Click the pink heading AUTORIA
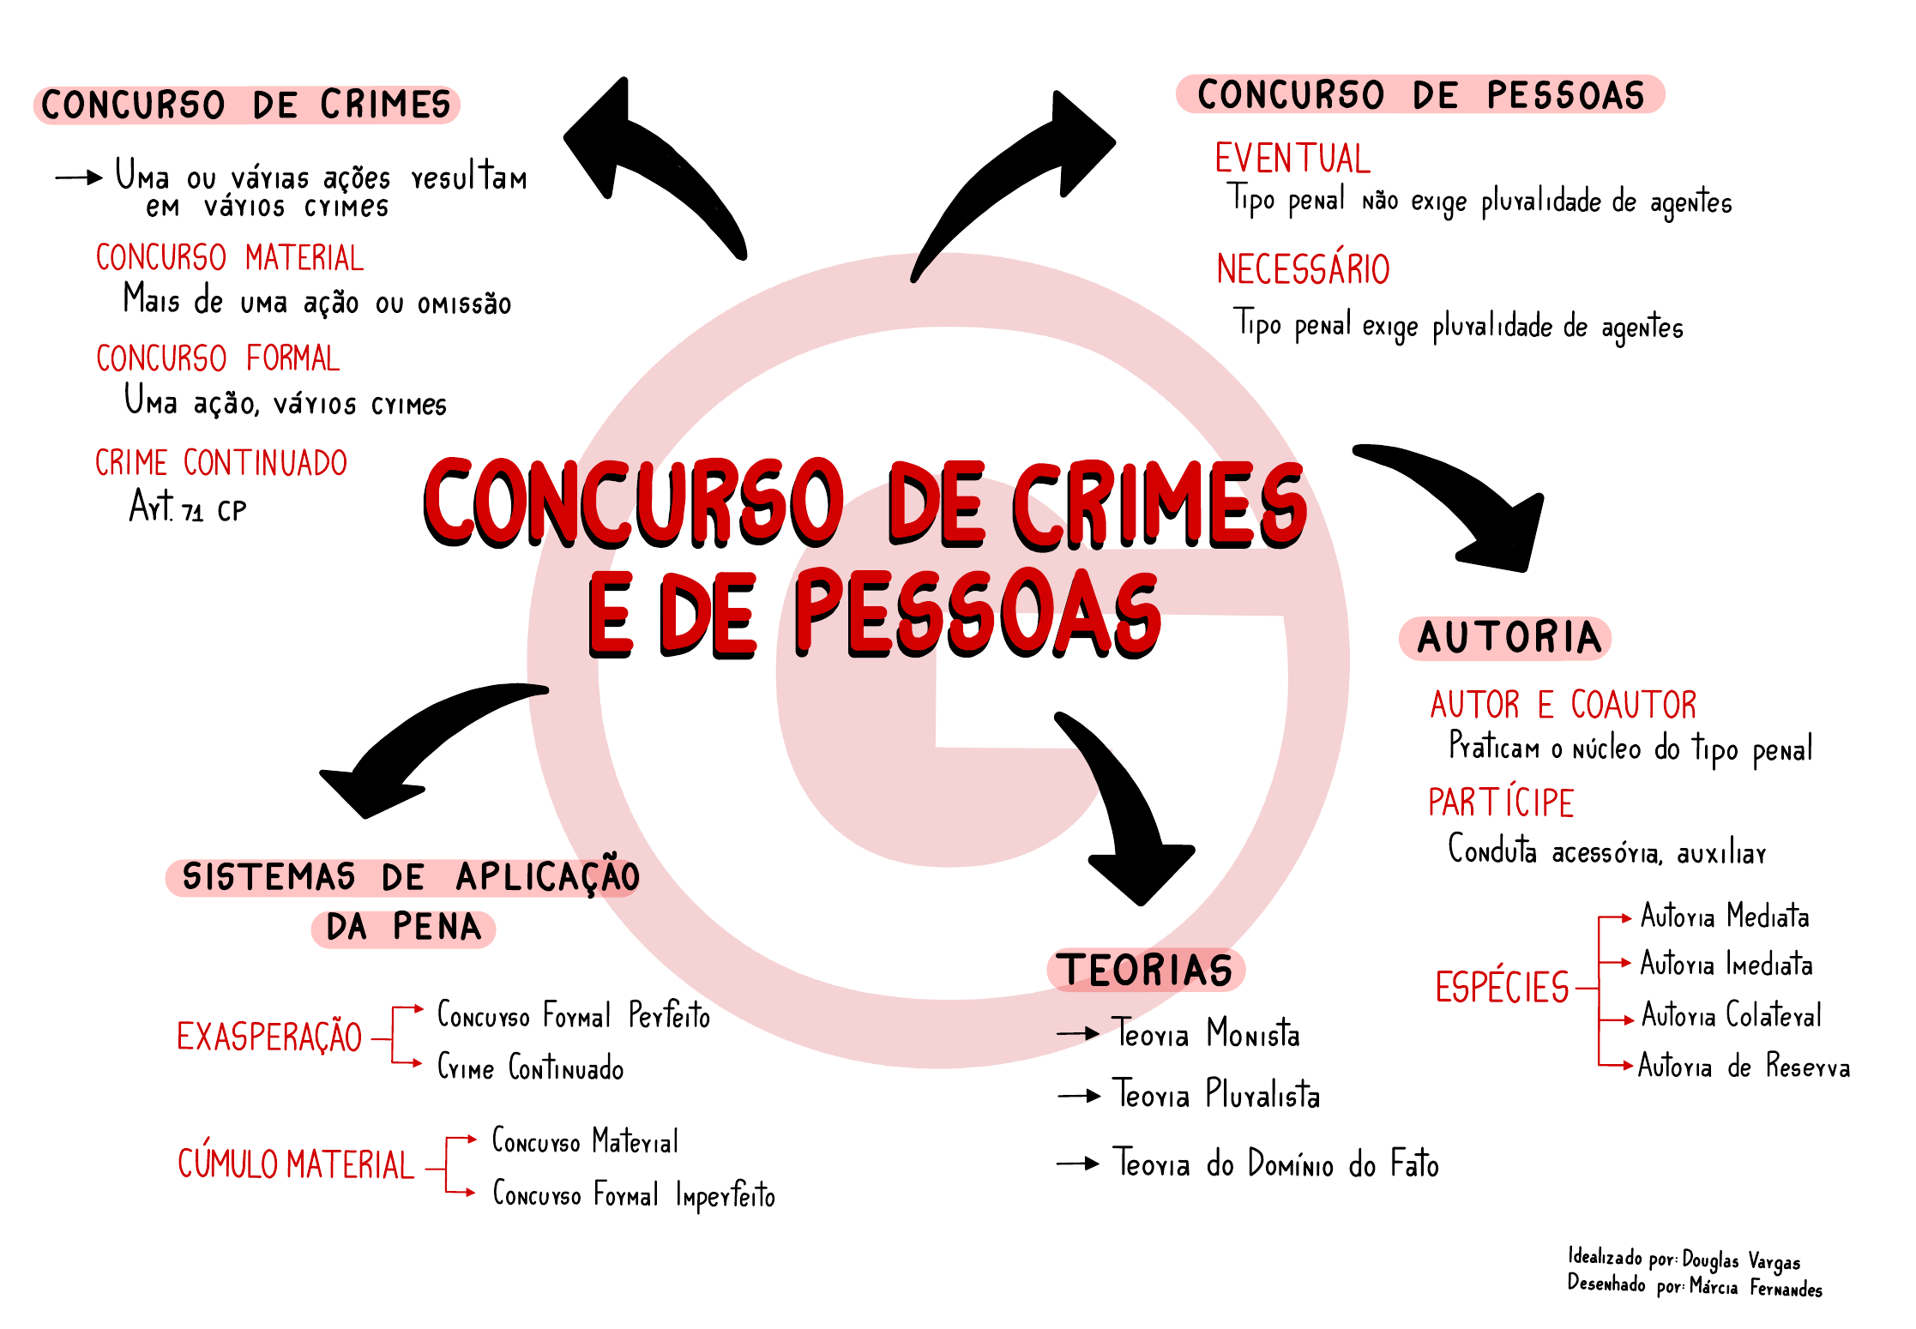pos(1508,638)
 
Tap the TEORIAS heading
pos(1146,971)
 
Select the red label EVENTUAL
pos(1292,159)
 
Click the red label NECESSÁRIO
pos(1303,269)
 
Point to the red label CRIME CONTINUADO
pos(221,463)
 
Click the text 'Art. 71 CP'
pos(188,508)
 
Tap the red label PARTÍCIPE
pos(1501,803)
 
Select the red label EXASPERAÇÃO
pos(269,1037)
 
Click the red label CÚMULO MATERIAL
pos(296,1164)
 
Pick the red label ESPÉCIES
pos(1502,987)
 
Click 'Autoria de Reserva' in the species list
pos(1744,1067)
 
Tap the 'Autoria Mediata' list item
pos(1725,917)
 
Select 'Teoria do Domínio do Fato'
pos(1275,1164)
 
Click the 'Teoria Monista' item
pos(1206,1034)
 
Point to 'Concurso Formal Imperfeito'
pos(634,1195)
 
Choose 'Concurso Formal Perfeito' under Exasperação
pos(574,1016)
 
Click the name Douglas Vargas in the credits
pos(1741,1260)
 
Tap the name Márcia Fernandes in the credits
pos(1756,1287)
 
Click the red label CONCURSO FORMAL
pos(218,358)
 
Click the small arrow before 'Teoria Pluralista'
pos(1079,1096)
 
